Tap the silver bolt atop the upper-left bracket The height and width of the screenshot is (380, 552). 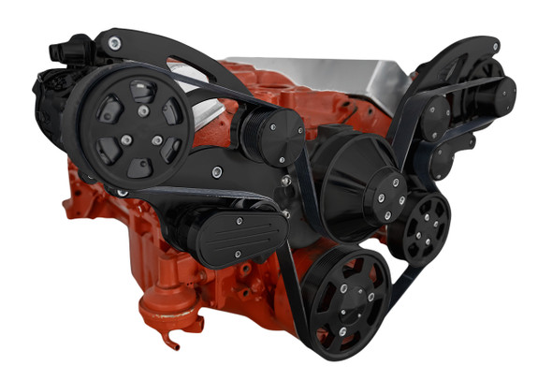pos(113,42)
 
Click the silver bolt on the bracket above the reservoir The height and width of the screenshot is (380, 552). pos(216,172)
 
